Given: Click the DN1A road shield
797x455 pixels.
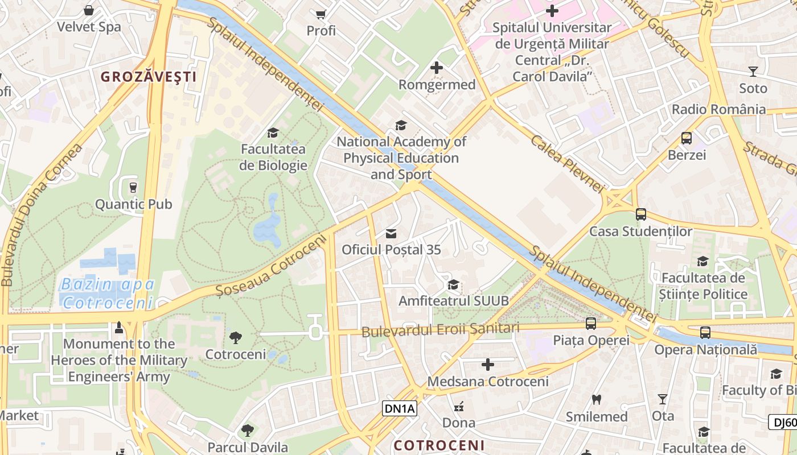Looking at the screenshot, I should pyautogui.click(x=400, y=408).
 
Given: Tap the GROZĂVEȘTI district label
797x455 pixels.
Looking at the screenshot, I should pyautogui.click(x=149, y=77).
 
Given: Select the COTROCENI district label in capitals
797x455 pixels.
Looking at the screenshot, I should pyautogui.click(x=439, y=445).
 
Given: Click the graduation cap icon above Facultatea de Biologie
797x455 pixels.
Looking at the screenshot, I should pyautogui.click(x=273, y=133).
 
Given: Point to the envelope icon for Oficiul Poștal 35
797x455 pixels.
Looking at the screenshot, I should pyautogui.click(x=391, y=233).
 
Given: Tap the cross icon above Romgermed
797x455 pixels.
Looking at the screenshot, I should pyautogui.click(x=437, y=68).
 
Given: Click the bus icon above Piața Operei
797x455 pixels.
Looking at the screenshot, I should pyautogui.click(x=591, y=324).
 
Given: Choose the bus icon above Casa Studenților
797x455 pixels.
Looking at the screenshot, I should pyautogui.click(x=641, y=214).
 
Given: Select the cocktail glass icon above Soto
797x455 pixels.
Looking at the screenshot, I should pyautogui.click(x=753, y=72).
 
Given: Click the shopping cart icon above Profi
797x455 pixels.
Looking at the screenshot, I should pyautogui.click(x=321, y=14).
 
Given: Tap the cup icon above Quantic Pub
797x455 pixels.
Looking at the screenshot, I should pyautogui.click(x=133, y=187).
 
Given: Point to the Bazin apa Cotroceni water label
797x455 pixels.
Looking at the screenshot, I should pyautogui.click(x=108, y=293).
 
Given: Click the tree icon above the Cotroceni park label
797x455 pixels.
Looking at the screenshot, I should pyautogui.click(x=236, y=338).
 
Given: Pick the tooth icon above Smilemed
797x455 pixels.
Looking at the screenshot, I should pyautogui.click(x=597, y=400).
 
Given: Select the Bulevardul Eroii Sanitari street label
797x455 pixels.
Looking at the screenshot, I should pyautogui.click(x=441, y=329).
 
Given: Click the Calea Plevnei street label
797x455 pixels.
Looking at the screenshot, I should pyautogui.click(x=566, y=164).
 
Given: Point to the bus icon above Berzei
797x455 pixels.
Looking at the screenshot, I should pyautogui.click(x=687, y=138).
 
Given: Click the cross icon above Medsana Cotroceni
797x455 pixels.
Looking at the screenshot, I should pyautogui.click(x=488, y=365).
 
